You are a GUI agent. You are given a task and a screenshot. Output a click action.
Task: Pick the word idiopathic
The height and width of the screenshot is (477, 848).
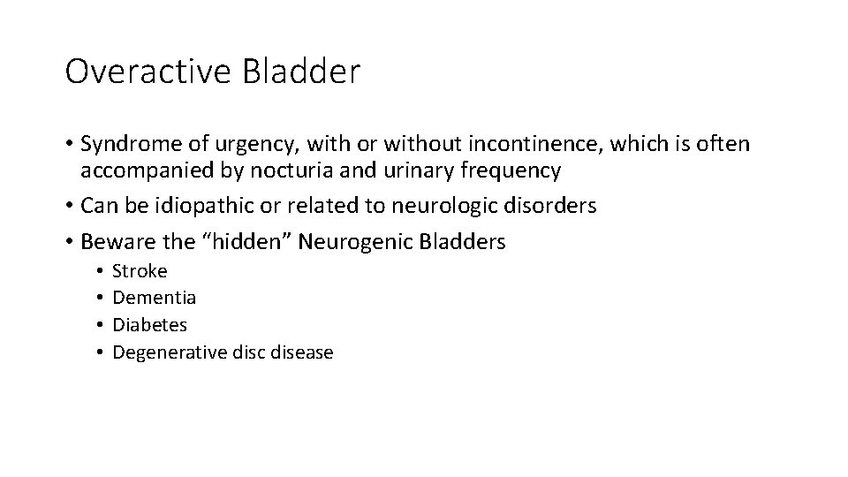click(x=194, y=206)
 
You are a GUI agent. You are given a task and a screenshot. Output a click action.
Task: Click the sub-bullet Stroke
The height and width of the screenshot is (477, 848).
click(x=140, y=271)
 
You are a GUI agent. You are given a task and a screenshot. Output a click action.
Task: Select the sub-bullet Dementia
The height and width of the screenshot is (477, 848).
click(x=155, y=298)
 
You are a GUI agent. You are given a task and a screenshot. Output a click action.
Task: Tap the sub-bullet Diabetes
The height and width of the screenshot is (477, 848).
click(x=150, y=325)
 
